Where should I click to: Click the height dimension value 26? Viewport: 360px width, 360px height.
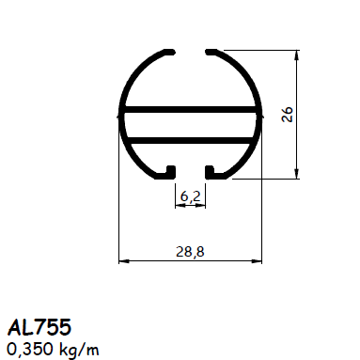pos(289,114)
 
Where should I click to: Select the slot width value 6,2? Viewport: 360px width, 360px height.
pos(191,196)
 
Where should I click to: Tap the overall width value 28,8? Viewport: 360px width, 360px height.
pos(191,250)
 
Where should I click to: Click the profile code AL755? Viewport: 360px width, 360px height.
pos(39,327)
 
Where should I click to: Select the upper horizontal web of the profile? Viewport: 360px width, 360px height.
pos(191,111)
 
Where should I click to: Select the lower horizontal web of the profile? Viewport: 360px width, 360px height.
pos(191,138)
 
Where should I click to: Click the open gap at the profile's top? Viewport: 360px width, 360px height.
pos(191,51)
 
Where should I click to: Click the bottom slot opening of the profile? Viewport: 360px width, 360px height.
pos(191,172)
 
